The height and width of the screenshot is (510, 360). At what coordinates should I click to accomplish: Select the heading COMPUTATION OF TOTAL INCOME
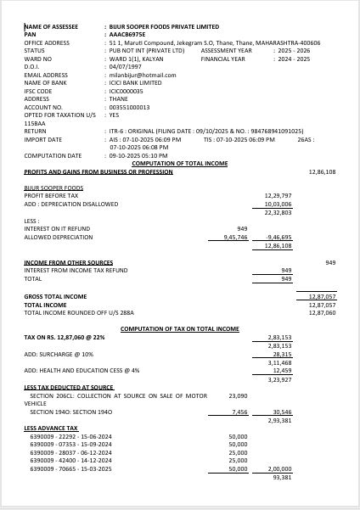[180, 163]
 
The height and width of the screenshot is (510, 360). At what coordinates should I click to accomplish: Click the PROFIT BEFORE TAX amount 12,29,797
[278, 195]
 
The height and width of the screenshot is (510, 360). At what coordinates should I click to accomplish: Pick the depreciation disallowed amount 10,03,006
[278, 205]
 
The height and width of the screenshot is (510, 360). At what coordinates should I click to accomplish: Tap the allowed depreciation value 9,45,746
[234, 238]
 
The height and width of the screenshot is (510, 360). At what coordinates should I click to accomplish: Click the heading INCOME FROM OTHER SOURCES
[69, 262]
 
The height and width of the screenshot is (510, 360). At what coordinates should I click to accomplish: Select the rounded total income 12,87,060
[322, 312]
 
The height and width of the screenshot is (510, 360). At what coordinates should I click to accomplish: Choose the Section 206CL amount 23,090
[238, 395]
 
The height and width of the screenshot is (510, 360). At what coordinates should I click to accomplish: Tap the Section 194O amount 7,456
[239, 412]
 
